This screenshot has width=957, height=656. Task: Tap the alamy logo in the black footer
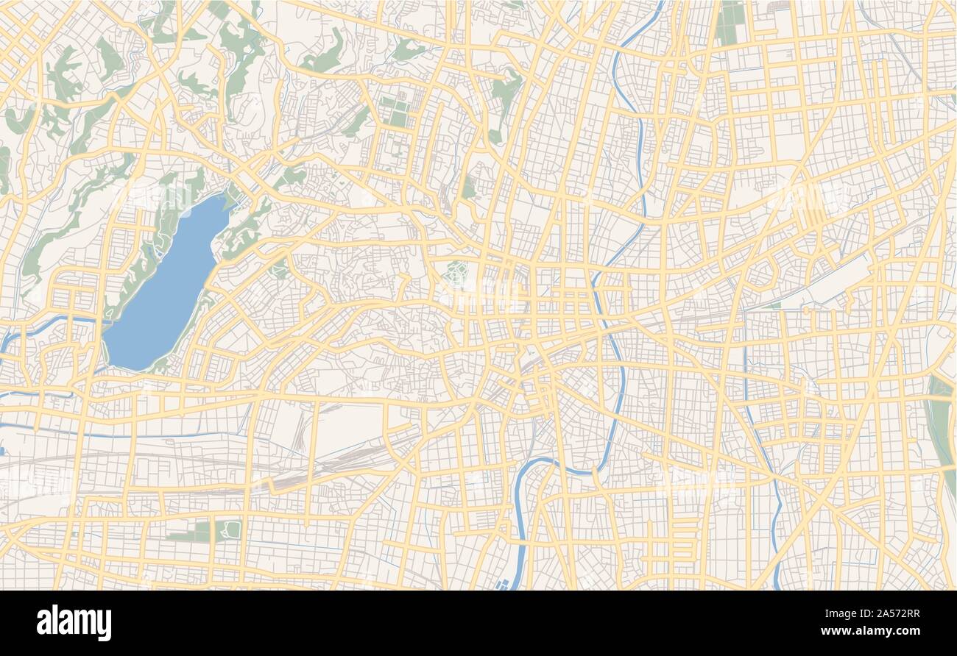[74, 623]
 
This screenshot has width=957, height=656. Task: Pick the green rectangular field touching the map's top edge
[730, 22]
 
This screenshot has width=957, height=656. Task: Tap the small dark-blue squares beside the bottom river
[504, 584]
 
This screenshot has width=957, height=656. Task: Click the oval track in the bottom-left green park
[231, 530]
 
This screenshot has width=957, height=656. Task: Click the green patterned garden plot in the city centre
[457, 274]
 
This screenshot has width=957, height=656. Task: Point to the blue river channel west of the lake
[44, 324]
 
